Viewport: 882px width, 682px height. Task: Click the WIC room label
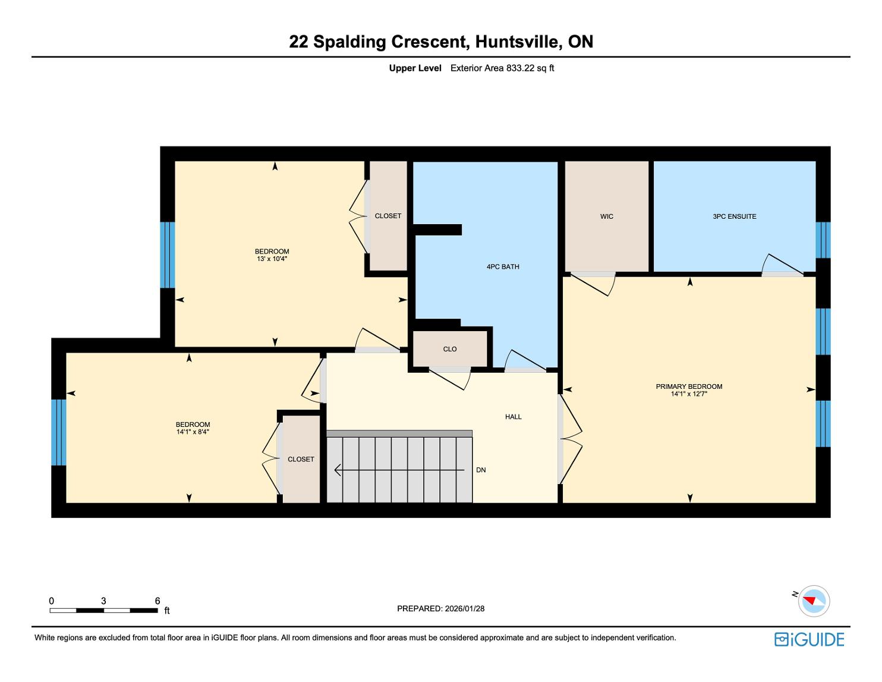606,216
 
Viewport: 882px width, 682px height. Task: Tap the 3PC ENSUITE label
734,216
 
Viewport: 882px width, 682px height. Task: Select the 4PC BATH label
503,267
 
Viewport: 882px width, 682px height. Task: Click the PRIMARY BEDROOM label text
689,386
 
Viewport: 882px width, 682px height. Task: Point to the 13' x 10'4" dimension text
272,259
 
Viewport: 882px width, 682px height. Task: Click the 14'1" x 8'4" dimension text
193,432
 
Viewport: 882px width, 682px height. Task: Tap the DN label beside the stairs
481,470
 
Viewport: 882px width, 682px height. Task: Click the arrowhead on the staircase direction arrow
338,470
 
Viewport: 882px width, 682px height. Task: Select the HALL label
513,416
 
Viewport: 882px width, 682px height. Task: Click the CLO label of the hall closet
450,349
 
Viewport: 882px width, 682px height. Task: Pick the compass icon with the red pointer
813,601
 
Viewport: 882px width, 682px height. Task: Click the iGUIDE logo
809,639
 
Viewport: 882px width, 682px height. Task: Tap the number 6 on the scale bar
157,601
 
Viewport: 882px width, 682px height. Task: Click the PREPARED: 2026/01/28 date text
440,608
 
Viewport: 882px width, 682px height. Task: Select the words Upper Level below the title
415,68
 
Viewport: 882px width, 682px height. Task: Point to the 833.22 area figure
521,68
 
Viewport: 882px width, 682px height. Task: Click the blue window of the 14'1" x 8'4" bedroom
58,432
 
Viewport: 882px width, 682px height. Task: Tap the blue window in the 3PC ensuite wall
823,240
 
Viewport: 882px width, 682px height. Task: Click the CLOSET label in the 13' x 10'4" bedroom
388,216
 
